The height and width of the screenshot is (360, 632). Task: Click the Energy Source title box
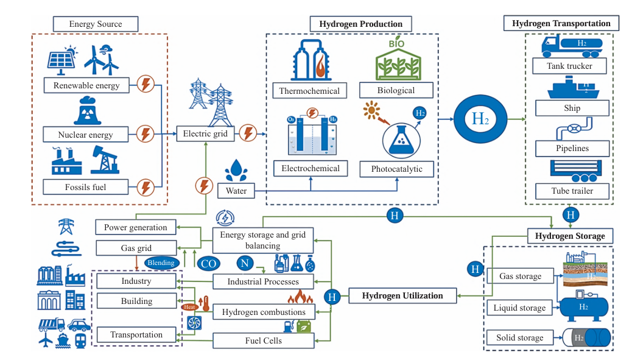click(96, 24)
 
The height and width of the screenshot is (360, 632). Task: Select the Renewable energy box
click(86, 85)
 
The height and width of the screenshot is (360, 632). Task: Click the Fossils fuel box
click(86, 186)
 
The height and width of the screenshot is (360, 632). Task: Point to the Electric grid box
click(205, 133)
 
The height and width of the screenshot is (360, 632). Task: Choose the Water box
click(236, 191)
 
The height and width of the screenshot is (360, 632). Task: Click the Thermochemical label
click(309, 91)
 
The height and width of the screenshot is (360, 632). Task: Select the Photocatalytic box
click(396, 169)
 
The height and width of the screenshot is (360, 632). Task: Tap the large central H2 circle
click(480, 118)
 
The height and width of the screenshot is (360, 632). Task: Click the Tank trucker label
click(570, 65)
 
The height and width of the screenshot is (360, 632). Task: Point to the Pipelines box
click(572, 148)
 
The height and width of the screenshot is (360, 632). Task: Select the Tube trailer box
click(572, 191)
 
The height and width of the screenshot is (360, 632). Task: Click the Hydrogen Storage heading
click(569, 236)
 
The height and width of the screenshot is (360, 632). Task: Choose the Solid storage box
click(519, 337)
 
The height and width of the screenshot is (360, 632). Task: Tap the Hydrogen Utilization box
click(402, 296)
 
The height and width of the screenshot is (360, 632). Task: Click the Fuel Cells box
click(264, 341)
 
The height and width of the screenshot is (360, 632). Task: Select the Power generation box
click(136, 227)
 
